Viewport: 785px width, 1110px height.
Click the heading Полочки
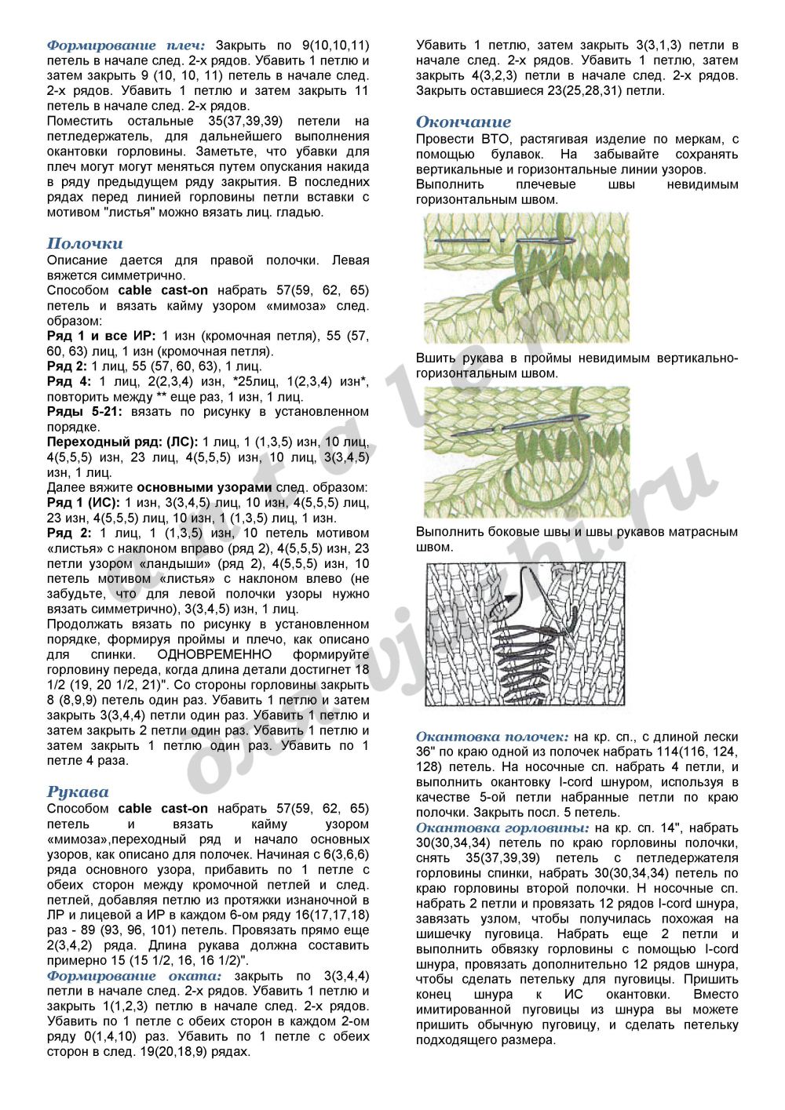(x=85, y=243)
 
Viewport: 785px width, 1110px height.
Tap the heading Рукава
(x=78, y=792)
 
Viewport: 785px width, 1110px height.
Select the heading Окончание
(x=463, y=122)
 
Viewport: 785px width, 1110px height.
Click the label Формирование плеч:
(x=126, y=45)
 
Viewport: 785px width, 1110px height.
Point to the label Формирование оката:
(x=133, y=976)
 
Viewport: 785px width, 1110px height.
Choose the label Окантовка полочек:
(x=492, y=737)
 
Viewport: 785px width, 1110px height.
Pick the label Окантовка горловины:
(x=502, y=828)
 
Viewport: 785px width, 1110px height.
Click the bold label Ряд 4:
(x=69, y=382)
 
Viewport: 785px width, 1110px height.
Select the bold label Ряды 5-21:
(x=86, y=412)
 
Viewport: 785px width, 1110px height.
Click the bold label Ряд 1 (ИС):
(x=83, y=503)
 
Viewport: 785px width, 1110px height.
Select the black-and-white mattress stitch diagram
(x=526, y=634)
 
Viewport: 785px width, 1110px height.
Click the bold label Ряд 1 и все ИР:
(x=101, y=336)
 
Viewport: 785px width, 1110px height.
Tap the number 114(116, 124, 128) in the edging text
(x=706, y=752)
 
